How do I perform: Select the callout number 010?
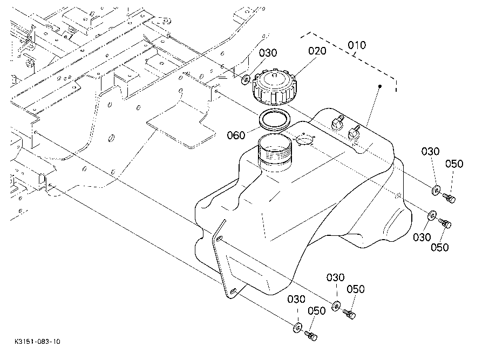(x=357, y=45)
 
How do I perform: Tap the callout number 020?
(x=317, y=51)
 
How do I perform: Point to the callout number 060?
(x=236, y=135)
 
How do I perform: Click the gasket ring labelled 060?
(x=275, y=120)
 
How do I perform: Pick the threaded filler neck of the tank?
(x=275, y=152)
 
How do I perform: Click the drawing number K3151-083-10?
(x=37, y=342)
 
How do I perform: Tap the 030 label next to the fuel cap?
(x=268, y=53)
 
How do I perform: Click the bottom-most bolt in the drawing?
(x=311, y=336)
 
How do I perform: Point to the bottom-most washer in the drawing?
(x=297, y=328)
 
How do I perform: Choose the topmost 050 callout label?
(x=454, y=164)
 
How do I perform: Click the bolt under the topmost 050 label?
(x=449, y=198)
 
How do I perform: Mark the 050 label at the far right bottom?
(x=440, y=247)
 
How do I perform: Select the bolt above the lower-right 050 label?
(x=445, y=223)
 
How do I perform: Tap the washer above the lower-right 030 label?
(x=432, y=215)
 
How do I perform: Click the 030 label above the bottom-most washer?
(x=296, y=299)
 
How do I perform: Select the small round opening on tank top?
(x=305, y=139)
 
